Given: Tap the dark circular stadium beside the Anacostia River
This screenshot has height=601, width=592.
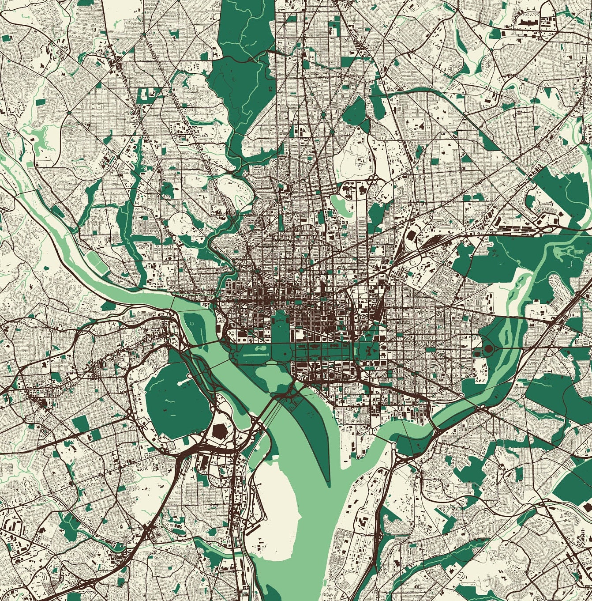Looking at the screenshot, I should tap(488, 348).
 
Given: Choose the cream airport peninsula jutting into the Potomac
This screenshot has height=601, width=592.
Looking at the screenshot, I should tap(274, 508).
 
